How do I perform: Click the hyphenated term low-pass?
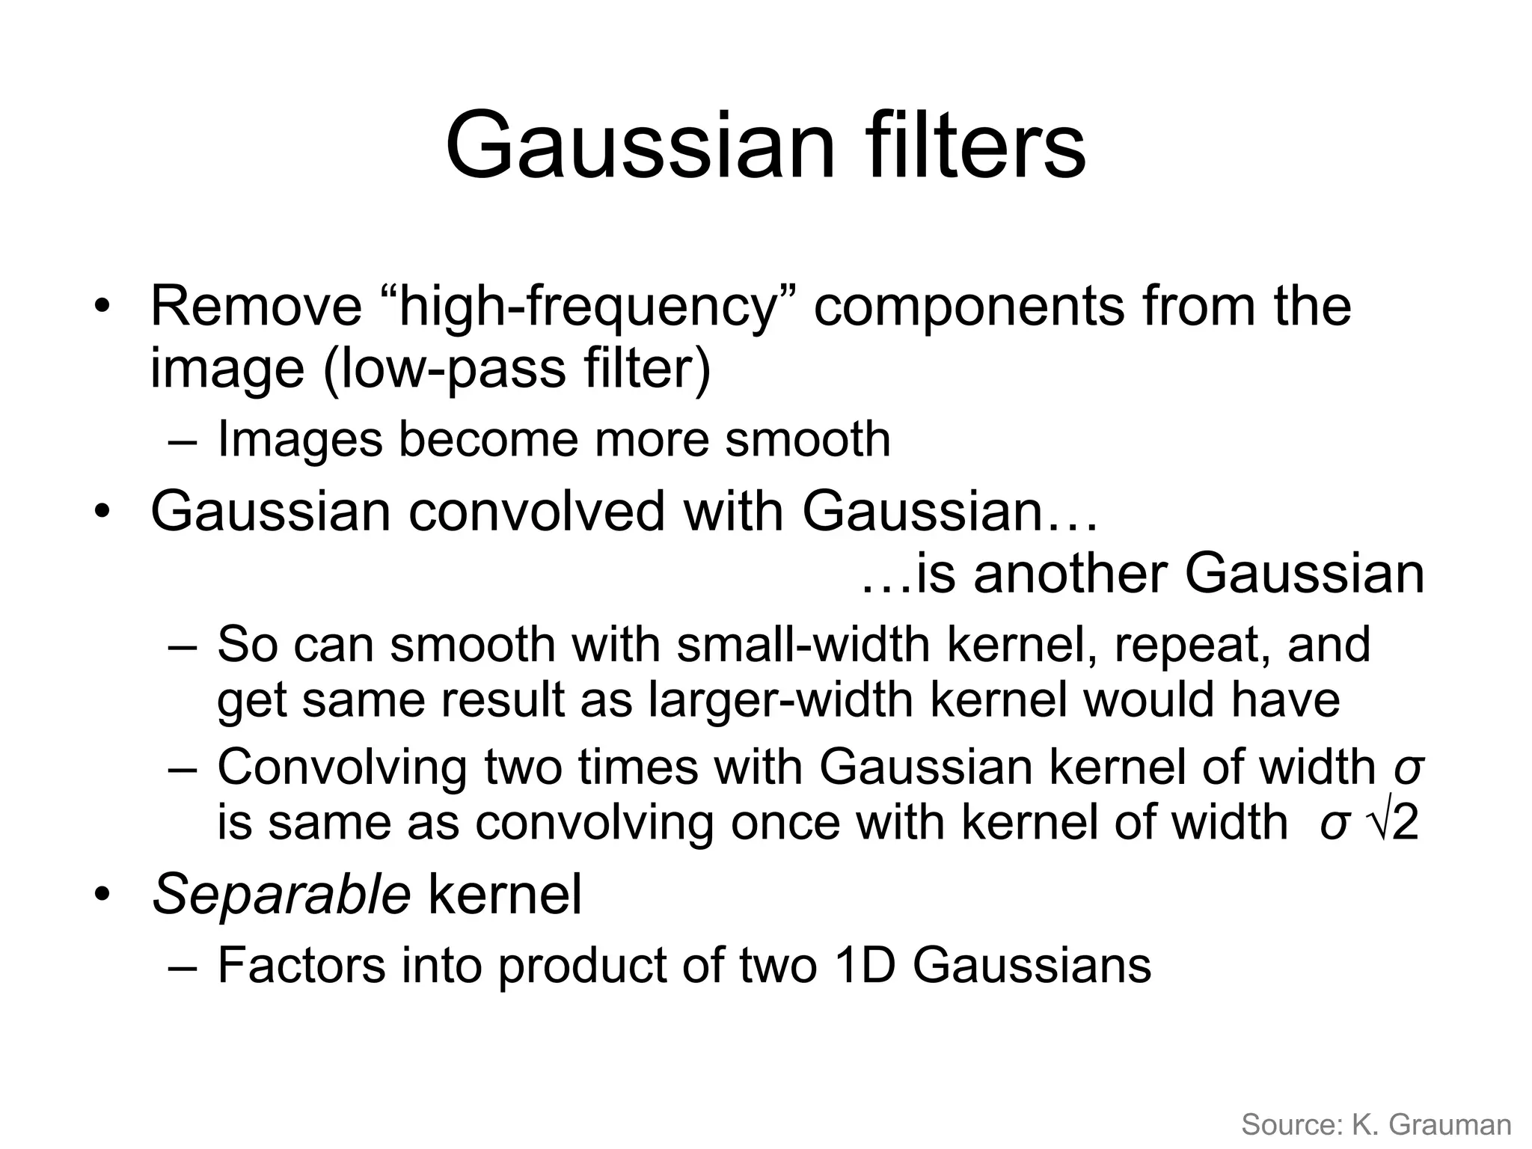point(444,370)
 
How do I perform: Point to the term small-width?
point(803,644)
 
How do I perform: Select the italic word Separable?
point(281,895)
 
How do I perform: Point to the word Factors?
point(301,966)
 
